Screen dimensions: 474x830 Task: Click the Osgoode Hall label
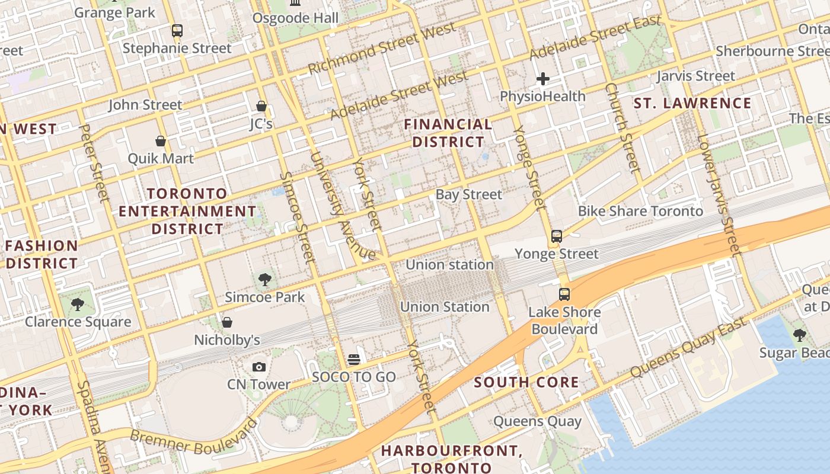coord(295,18)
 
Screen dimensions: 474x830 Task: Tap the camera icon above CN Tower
coord(259,367)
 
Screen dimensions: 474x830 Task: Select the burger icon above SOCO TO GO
coord(354,360)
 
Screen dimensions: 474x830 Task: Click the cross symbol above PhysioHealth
coord(542,79)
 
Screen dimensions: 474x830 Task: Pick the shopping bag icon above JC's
coord(261,106)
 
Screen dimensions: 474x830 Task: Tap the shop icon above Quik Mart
coord(160,141)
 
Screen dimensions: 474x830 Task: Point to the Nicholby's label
coord(227,340)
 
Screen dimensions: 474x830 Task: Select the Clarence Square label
coord(78,322)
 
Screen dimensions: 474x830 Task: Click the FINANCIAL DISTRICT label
coord(448,133)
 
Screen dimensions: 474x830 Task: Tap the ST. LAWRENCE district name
coord(692,103)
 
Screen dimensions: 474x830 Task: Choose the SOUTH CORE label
coord(526,382)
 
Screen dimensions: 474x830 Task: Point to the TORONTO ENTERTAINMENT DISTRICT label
coord(187,211)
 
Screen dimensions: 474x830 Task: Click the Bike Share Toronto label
coord(640,211)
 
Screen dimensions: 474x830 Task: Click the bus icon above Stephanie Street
coord(177,31)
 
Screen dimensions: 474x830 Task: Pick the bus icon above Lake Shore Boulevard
coord(564,294)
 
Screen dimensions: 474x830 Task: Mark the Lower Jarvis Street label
coord(719,195)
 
